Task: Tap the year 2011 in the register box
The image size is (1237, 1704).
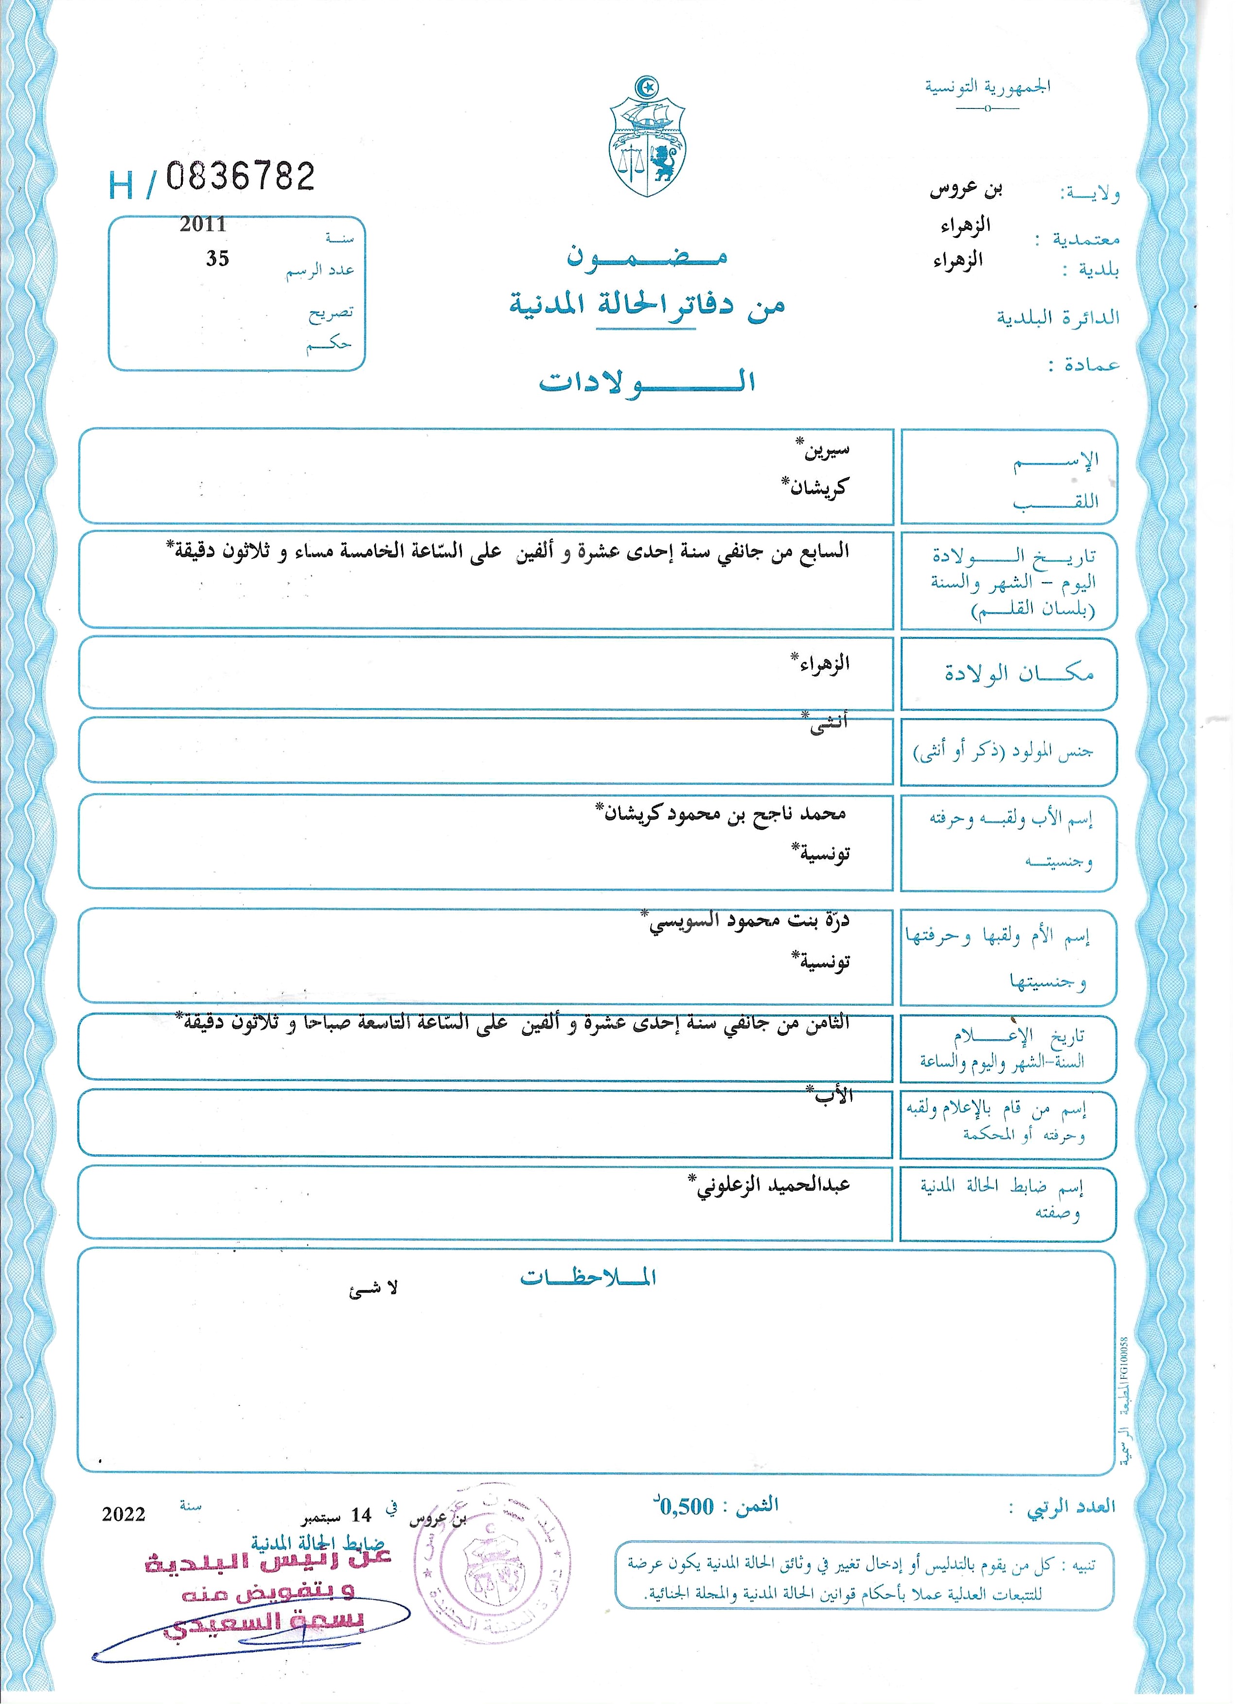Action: coord(202,224)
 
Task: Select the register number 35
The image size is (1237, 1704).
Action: coord(217,258)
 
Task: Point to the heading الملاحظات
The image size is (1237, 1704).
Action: coord(588,1277)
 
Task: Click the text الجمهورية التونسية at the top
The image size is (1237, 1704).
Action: coord(987,87)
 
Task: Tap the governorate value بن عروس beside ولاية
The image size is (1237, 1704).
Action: coord(967,189)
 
